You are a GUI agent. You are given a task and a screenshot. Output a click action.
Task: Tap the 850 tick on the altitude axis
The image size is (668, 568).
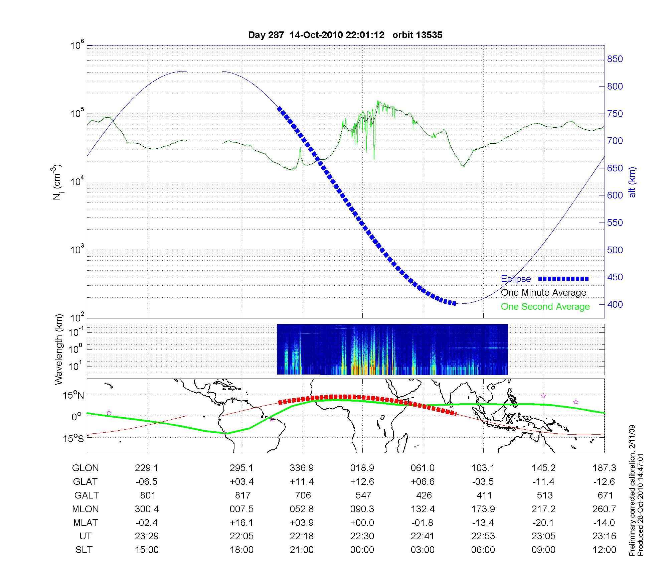click(x=615, y=59)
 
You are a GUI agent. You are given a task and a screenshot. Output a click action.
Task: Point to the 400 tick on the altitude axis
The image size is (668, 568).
click(x=615, y=304)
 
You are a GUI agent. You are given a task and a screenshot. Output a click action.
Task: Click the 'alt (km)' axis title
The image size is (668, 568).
click(x=632, y=182)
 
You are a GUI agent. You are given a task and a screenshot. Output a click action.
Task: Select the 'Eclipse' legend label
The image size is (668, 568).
click(x=516, y=279)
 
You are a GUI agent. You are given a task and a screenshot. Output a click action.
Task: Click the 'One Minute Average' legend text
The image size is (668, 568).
click(x=543, y=293)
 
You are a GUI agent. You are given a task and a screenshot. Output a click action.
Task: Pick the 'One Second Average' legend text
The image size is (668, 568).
click(x=545, y=307)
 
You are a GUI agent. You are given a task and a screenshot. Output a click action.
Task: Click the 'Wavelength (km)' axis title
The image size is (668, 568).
click(x=58, y=349)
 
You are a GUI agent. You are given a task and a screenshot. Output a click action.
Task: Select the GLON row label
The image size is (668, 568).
click(x=86, y=468)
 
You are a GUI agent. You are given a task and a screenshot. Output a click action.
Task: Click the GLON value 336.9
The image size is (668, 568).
click(x=302, y=468)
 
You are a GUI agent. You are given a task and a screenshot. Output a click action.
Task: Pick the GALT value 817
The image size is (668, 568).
click(x=242, y=495)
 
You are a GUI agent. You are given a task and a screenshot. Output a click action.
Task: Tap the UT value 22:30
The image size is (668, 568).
click(x=362, y=536)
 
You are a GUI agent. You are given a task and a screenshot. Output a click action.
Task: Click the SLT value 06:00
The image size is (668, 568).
click(x=483, y=550)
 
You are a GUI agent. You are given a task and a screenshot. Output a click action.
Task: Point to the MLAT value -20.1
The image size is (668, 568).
click(x=543, y=523)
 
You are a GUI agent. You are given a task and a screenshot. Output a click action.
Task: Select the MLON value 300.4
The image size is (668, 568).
click(x=147, y=509)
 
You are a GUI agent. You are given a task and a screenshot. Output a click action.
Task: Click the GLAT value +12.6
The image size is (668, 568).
click(x=362, y=482)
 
